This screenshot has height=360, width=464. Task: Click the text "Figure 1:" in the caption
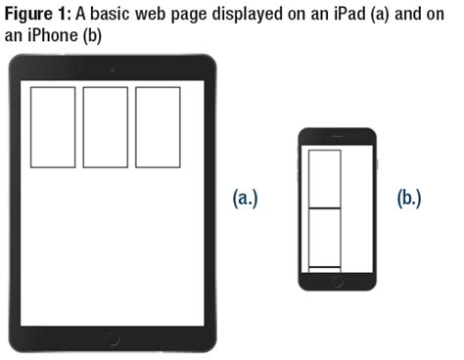pyautogui.click(x=38, y=12)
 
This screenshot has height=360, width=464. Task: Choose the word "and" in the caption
pyautogui.click(x=404, y=12)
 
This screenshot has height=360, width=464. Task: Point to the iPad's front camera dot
pyautogui.click(x=113, y=68)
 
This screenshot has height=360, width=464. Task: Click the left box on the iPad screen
pyautogui.click(x=52, y=126)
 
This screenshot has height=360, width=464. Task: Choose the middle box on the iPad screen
pyautogui.click(x=105, y=126)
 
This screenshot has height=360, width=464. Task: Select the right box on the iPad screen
pyautogui.click(x=158, y=126)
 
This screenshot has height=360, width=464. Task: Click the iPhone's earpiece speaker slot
pyautogui.click(x=338, y=137)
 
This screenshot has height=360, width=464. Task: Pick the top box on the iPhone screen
pyautogui.click(x=325, y=179)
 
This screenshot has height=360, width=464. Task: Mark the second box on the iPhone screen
pyautogui.click(x=325, y=237)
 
